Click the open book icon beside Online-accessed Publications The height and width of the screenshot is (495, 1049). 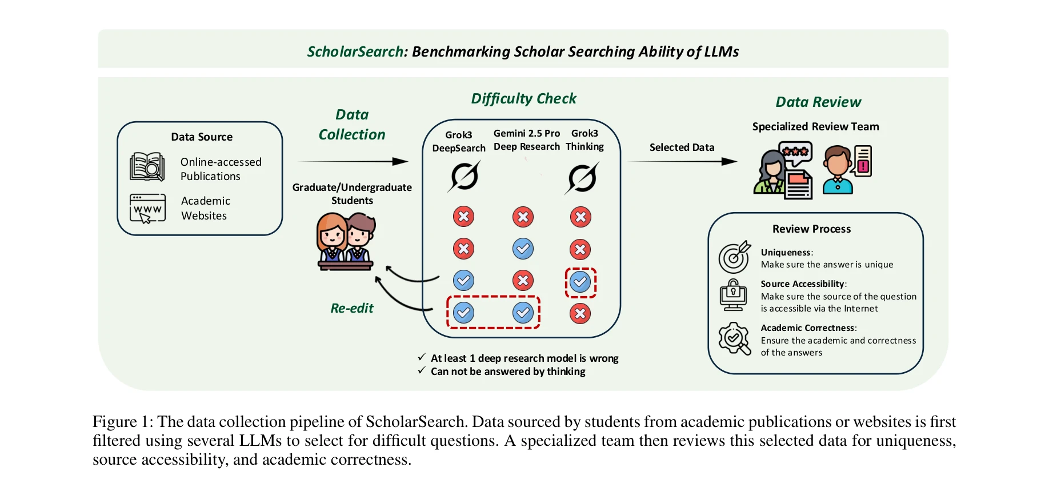click(x=147, y=167)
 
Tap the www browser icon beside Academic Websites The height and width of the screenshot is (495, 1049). click(x=147, y=209)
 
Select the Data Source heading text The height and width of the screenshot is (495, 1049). click(x=202, y=137)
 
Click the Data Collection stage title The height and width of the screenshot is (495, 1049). click(x=352, y=125)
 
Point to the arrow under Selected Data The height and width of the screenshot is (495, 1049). click(x=682, y=162)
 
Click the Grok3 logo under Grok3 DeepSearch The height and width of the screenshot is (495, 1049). click(x=465, y=176)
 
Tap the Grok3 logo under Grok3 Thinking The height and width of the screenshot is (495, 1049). click(x=582, y=178)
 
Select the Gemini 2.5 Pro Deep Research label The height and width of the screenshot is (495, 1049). click(x=526, y=140)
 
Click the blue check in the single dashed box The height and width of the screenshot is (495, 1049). click(x=580, y=282)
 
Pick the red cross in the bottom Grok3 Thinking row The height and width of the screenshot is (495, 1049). click(x=580, y=313)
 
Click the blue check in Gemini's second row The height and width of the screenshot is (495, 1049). click(x=523, y=249)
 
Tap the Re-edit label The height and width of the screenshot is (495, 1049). click(x=352, y=309)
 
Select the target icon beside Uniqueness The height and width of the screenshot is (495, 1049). click(x=734, y=257)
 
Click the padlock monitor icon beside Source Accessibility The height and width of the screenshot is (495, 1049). click(x=733, y=296)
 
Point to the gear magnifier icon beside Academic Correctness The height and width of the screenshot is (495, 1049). click(x=734, y=338)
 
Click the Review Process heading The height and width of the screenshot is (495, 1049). click(x=811, y=229)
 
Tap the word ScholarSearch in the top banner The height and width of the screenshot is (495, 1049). click(x=356, y=52)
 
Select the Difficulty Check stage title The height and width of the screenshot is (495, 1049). click(x=523, y=99)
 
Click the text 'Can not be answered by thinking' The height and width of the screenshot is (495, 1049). click(x=508, y=372)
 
